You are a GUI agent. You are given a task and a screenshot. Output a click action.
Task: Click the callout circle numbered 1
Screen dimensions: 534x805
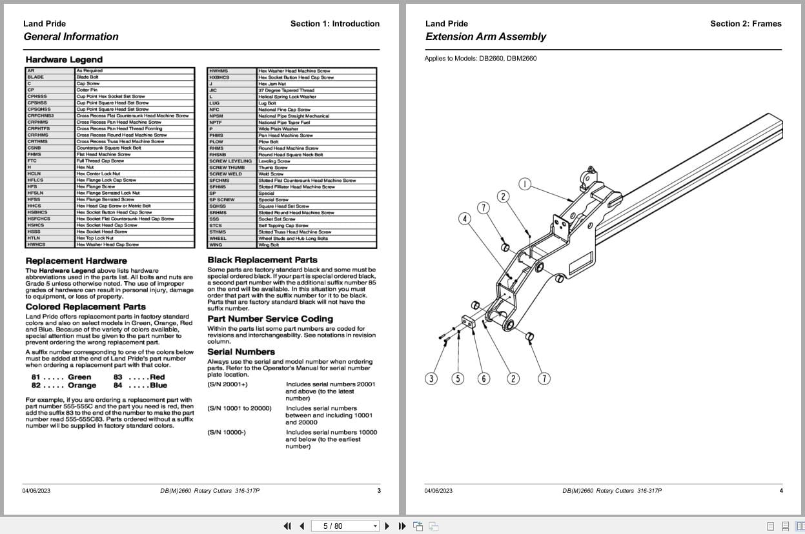[x=524, y=184]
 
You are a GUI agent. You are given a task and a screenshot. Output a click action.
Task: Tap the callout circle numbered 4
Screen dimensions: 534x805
[x=465, y=219]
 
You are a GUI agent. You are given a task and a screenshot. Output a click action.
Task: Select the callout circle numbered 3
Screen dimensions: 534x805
[x=431, y=379]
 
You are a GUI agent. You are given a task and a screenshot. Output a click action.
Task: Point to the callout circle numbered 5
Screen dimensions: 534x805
[x=458, y=379]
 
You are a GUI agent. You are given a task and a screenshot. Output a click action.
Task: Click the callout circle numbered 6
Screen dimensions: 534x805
[x=484, y=379]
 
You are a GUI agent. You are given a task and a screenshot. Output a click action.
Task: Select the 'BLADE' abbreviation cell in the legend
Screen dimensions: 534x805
[x=36, y=77]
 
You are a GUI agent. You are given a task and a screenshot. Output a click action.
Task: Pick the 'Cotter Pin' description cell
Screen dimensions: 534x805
[x=87, y=90]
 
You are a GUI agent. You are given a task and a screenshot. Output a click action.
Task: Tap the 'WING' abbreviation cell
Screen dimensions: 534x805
[x=215, y=245]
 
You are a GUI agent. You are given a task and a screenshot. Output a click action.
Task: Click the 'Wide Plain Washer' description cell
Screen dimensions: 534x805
[x=278, y=129]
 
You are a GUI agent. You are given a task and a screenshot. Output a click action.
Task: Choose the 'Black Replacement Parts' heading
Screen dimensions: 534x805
[x=262, y=260]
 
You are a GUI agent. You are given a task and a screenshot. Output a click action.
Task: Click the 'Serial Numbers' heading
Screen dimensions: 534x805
[x=241, y=351]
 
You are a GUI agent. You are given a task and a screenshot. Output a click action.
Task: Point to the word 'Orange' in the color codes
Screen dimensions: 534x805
[x=81, y=386]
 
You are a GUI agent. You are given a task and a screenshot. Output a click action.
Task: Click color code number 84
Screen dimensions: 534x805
[x=117, y=386]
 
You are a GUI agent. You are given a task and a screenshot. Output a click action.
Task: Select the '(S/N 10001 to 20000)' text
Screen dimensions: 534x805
[x=239, y=408]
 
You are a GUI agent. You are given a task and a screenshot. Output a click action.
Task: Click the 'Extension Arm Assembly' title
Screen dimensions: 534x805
[x=485, y=37]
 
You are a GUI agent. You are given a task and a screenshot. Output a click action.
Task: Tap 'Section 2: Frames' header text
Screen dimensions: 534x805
[x=746, y=24]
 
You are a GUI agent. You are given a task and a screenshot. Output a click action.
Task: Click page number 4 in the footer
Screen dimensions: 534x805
[x=780, y=491]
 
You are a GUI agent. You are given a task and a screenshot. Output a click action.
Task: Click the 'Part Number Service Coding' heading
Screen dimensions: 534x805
[x=270, y=319]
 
